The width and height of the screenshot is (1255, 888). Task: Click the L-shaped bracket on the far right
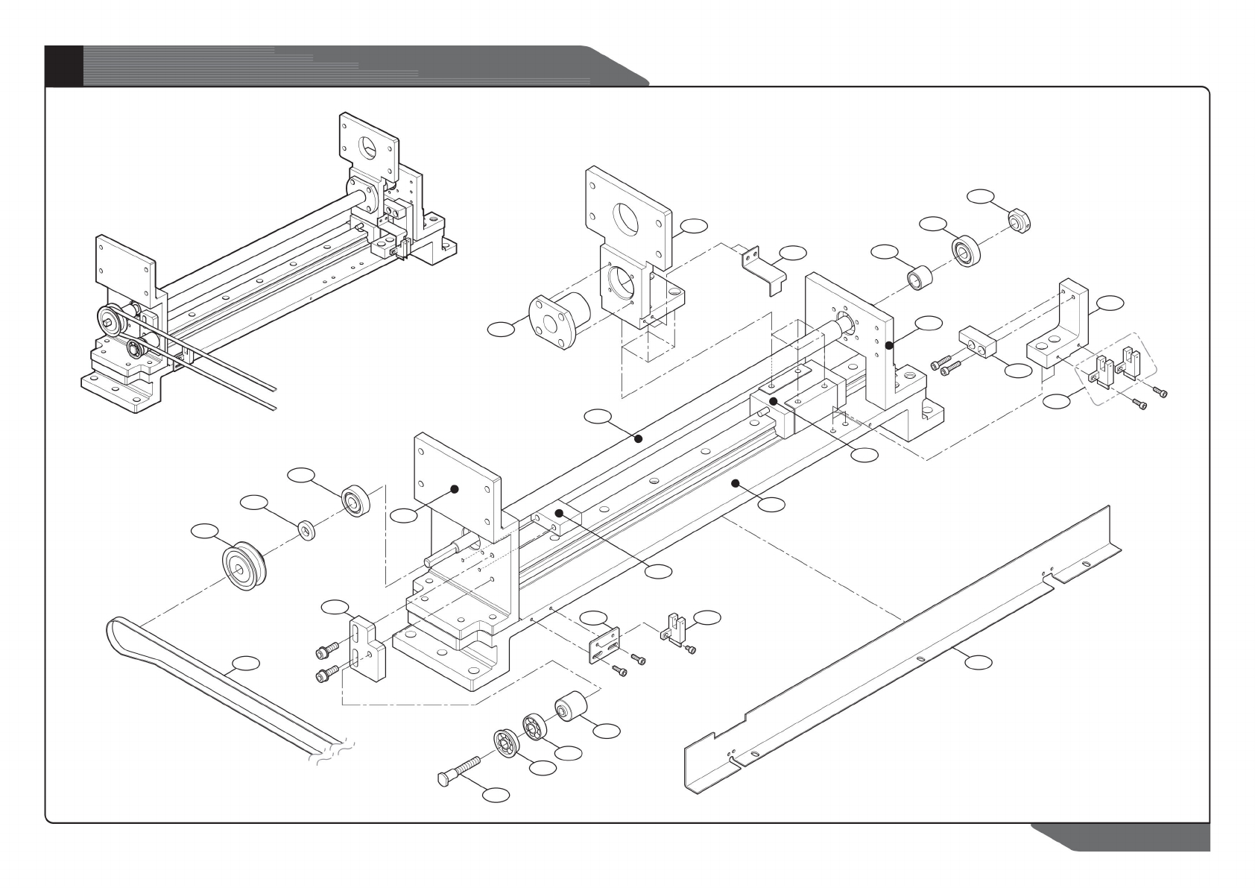[1063, 328]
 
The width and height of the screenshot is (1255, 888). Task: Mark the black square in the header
[63, 66]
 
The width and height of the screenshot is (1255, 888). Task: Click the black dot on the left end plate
[454, 489]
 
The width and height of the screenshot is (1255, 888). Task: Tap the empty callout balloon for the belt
[246, 662]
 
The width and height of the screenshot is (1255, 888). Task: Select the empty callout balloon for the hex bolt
[496, 796]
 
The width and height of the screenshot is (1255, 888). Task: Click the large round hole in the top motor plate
[627, 215]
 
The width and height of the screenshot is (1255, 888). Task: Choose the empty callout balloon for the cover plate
[979, 661]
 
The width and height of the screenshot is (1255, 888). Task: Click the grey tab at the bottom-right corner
[1133, 838]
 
